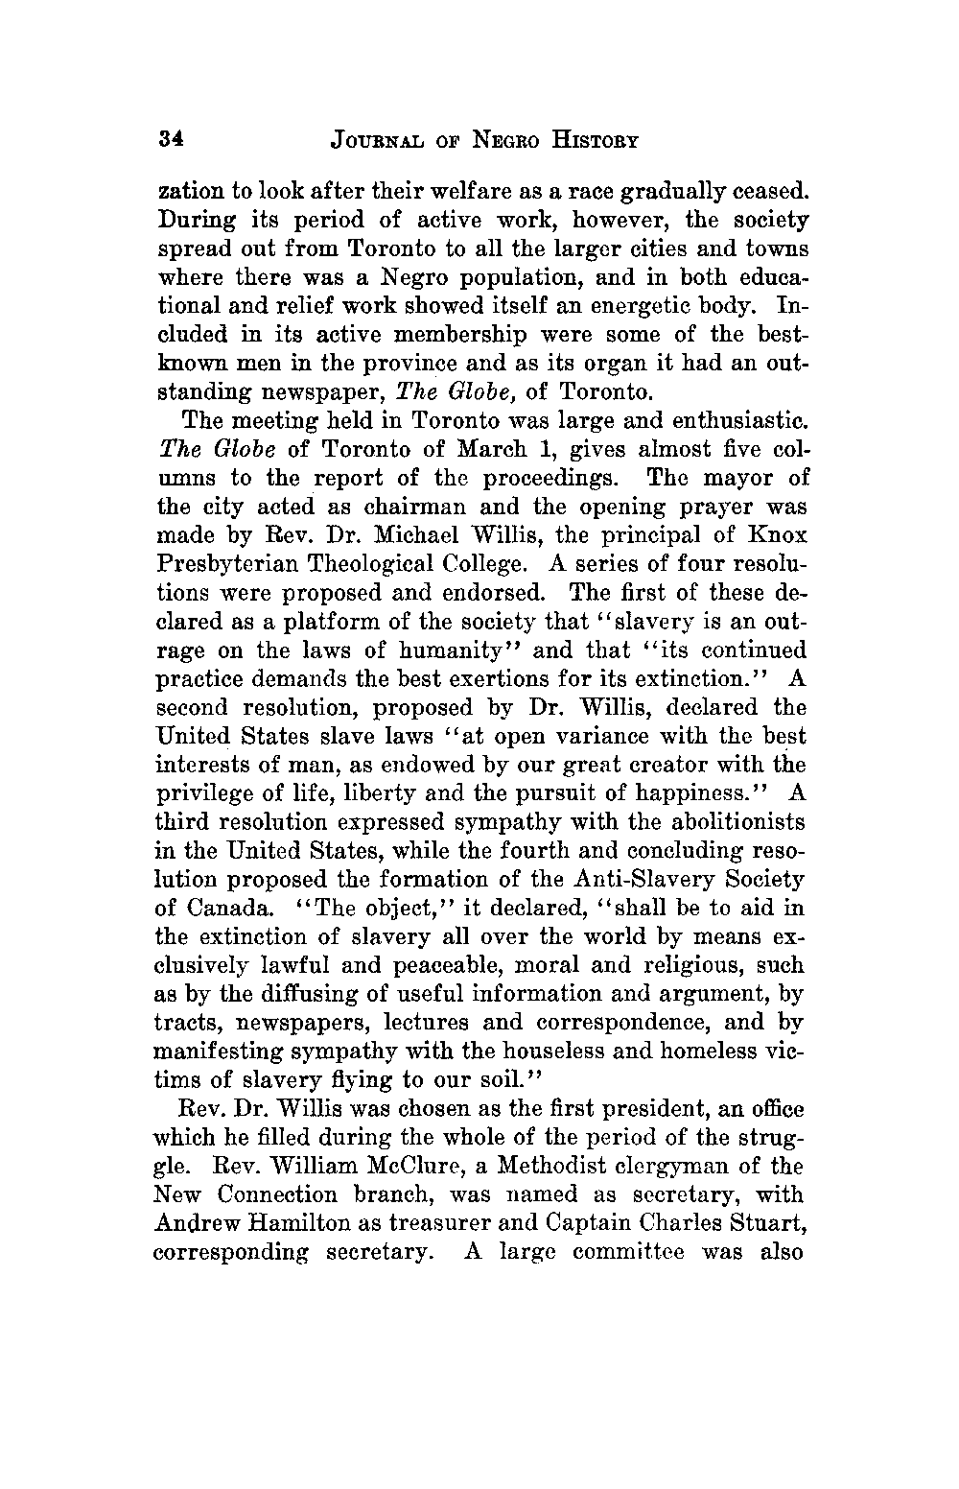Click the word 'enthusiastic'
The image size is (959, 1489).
tap(732, 421)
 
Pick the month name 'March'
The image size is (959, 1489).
tap(474, 450)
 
